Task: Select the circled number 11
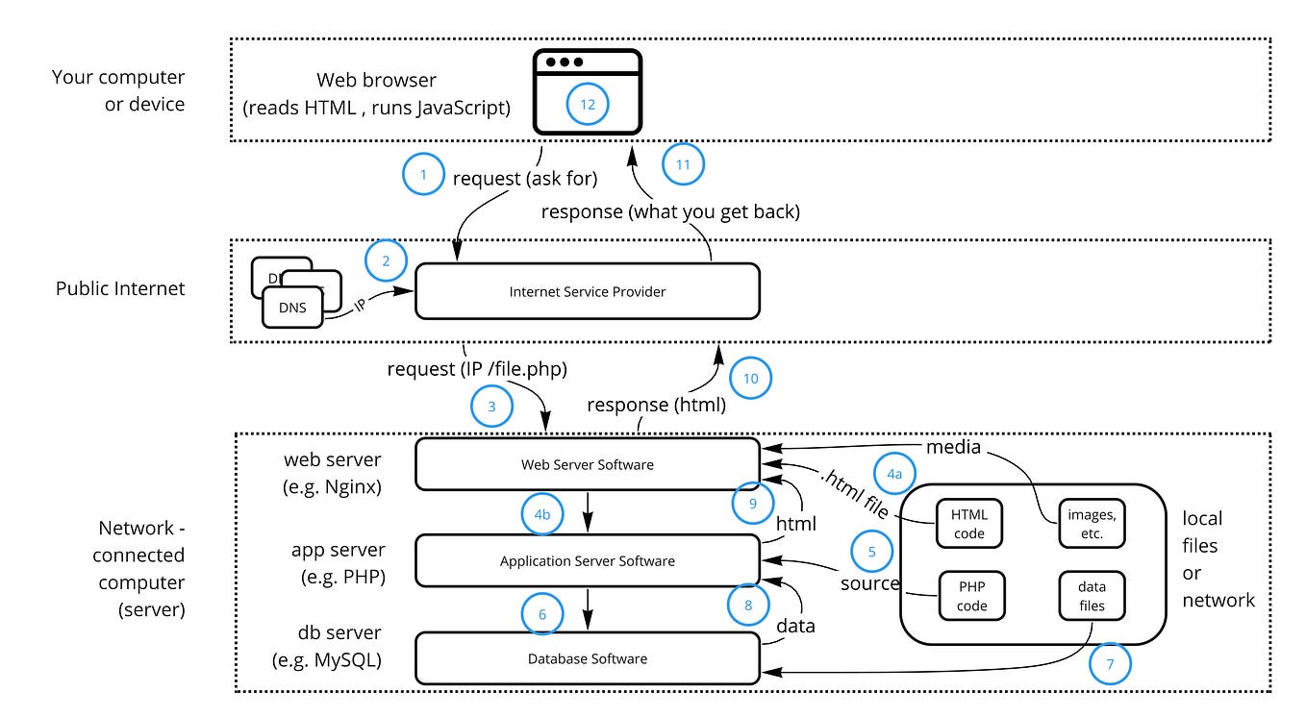pos(683,164)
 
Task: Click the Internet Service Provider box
pos(587,291)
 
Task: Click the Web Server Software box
pos(587,464)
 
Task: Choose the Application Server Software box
pos(587,560)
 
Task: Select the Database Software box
pos(587,658)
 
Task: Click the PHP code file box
pos(969,597)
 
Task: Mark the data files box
pos(1092,597)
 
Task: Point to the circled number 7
pos(1111,663)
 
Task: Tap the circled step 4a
pos(894,474)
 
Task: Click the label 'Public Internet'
pos(120,288)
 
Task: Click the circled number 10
pos(750,379)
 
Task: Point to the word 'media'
pos(954,447)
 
